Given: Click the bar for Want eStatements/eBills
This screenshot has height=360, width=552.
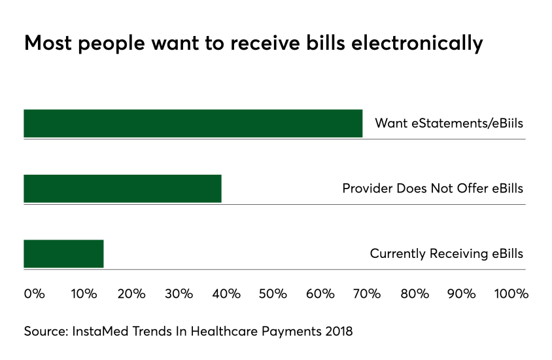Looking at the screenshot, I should (x=193, y=124).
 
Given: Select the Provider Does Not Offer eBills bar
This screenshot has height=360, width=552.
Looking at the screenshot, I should (x=122, y=189).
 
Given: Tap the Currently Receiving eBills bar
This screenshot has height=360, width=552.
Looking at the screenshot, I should (x=63, y=254).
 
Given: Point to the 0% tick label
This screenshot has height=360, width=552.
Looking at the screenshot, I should (x=34, y=294).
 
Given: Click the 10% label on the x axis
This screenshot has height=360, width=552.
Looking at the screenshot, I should (x=83, y=294).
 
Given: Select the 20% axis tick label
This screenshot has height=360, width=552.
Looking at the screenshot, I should (x=131, y=294).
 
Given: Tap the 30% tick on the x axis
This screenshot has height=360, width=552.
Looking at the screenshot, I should (x=179, y=294).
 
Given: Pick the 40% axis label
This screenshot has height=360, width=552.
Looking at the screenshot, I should (x=226, y=294).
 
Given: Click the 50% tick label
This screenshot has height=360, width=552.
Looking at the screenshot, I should (x=273, y=294).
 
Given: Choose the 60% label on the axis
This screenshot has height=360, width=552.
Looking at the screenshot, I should (x=320, y=294).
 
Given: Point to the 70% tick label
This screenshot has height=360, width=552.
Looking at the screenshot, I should (x=367, y=294).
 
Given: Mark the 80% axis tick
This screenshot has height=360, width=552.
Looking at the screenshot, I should (x=414, y=294).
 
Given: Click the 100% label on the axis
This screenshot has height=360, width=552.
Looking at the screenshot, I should (x=511, y=294).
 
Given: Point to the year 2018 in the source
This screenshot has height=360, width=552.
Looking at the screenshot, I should (x=337, y=331).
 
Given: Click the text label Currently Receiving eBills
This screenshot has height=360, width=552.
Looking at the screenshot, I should (x=447, y=254).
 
